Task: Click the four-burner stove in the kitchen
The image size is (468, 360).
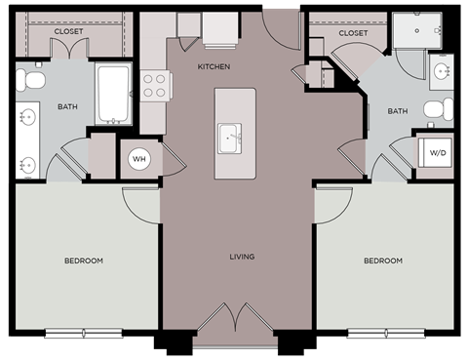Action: pyautogui.click(x=153, y=86)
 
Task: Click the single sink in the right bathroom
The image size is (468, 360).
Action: pyautogui.click(x=442, y=70)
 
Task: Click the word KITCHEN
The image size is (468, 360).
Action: pyautogui.click(x=214, y=66)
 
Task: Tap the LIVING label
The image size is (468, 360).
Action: pyautogui.click(x=241, y=258)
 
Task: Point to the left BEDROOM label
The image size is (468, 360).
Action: pyautogui.click(x=84, y=260)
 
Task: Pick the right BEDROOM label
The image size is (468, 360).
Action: pyautogui.click(x=383, y=260)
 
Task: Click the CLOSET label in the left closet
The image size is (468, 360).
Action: pyautogui.click(x=68, y=31)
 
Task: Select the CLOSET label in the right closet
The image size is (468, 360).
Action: pyautogui.click(x=353, y=33)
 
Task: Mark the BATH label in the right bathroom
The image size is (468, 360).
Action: pyautogui.click(x=398, y=111)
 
